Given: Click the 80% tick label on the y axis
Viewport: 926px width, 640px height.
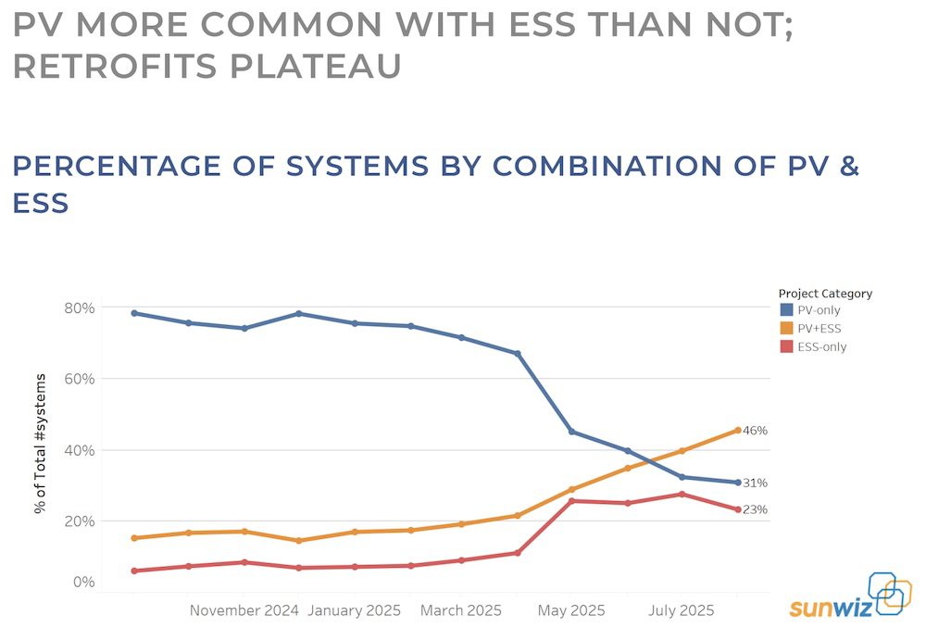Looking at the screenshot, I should pos(81,307).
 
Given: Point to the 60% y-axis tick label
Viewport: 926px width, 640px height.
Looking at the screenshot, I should pos(81,379).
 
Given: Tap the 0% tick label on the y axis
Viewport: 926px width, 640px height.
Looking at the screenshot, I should pos(83,582).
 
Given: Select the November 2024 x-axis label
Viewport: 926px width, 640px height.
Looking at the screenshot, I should pos(244,610).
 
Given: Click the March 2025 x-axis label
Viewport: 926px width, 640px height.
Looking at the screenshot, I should pos(461,610).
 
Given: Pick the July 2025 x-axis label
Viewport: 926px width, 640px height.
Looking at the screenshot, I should pos(681,610).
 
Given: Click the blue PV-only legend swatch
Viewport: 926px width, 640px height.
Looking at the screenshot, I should pos(786,310).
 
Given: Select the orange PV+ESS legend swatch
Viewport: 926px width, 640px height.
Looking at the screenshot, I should pos(786,329).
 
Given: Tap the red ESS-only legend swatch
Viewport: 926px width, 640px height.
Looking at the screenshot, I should pos(786,347).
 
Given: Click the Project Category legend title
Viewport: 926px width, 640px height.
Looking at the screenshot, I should pos(825,294).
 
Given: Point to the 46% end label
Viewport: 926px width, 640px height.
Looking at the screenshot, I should pos(755,431).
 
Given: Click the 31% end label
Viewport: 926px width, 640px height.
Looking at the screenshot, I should pos(755,483).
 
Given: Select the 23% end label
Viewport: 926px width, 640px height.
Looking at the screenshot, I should pos(755,509).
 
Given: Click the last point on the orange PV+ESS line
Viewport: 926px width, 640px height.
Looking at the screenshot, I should pos(738,430).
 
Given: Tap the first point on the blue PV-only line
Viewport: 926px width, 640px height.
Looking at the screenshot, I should pos(134,313).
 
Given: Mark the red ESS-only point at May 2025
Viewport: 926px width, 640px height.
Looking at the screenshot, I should pos(571,501).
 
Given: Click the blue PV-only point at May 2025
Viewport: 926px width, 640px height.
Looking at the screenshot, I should pos(571,432).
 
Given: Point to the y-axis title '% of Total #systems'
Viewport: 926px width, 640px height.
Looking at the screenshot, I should pos(41,443).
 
